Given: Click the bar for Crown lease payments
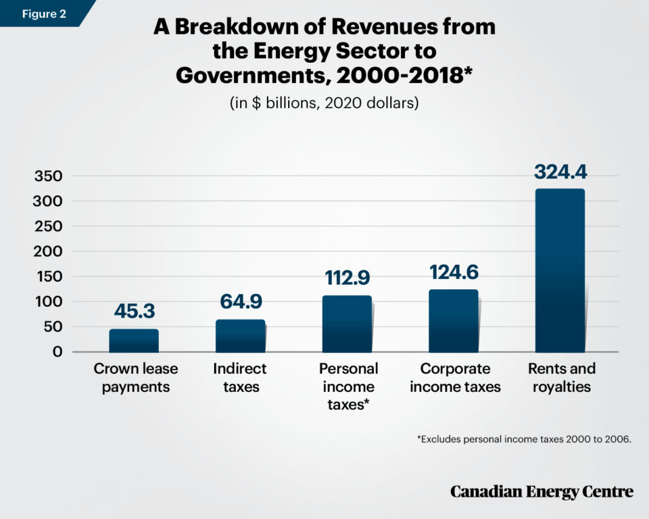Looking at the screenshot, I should click(x=134, y=341).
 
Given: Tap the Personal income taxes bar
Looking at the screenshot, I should click(x=347, y=324).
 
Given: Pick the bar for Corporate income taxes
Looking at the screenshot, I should click(x=453, y=321).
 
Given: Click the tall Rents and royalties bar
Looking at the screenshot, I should click(x=560, y=270).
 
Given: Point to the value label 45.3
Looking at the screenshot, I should click(x=134, y=313).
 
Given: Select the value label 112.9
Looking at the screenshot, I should click(x=347, y=278).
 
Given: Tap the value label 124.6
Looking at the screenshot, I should click(x=454, y=272).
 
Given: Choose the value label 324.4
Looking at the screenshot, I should click(x=560, y=171).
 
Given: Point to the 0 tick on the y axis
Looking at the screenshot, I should click(x=57, y=352).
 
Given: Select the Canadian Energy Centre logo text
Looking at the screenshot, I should click(x=542, y=491).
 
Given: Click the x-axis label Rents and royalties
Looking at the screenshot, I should click(x=561, y=378).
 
